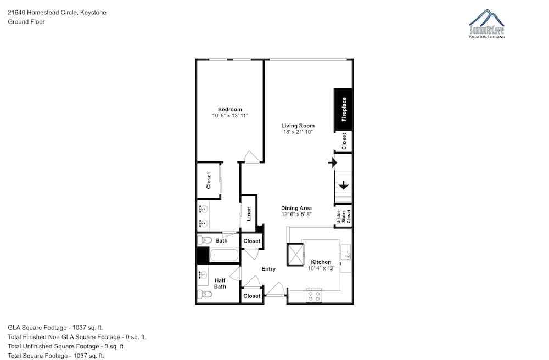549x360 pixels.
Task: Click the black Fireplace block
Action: click(x=343, y=110)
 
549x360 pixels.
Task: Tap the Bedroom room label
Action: click(x=229, y=110)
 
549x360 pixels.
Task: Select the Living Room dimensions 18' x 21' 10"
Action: click(x=298, y=132)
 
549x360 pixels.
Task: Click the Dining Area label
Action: click(x=296, y=208)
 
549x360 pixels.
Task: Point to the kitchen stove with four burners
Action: click(x=314, y=296)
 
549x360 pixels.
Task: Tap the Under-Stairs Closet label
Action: click(x=344, y=216)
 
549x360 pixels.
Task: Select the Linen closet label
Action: click(x=249, y=214)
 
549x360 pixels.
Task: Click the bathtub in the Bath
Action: click(x=224, y=255)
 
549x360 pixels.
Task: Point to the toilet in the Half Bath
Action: click(x=204, y=294)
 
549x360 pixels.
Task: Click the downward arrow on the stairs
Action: click(x=344, y=185)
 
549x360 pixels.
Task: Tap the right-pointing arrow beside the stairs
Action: click(x=332, y=162)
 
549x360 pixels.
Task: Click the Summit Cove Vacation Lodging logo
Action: click(x=486, y=24)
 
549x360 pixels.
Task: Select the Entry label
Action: click(x=268, y=269)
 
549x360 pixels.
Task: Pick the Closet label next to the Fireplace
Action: click(x=344, y=141)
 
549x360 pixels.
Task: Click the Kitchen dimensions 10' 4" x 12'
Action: click(x=321, y=268)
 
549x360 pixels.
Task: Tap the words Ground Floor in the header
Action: click(x=26, y=22)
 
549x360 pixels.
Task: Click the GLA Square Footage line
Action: click(x=55, y=328)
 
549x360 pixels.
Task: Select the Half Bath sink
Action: click(x=203, y=274)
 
